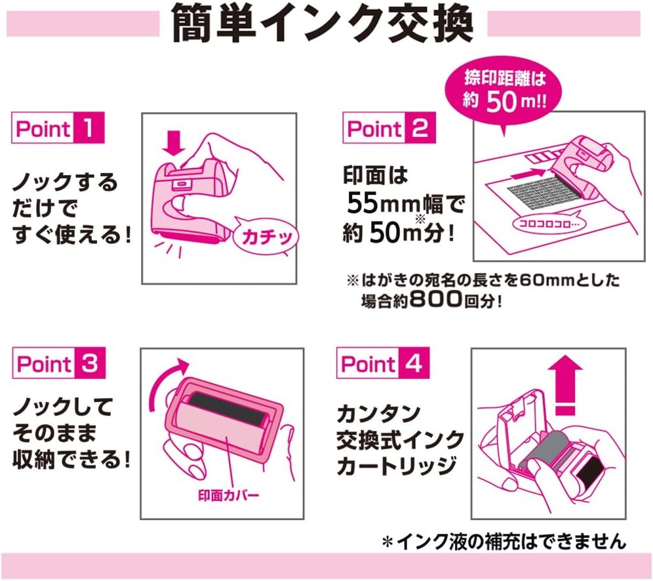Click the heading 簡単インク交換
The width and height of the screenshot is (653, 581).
tap(323, 24)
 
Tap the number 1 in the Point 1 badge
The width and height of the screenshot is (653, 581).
tap(89, 127)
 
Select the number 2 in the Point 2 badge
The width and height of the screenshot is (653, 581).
tap(420, 128)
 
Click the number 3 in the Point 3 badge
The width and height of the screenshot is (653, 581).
tap(90, 363)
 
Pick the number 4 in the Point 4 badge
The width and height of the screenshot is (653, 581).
tap(414, 363)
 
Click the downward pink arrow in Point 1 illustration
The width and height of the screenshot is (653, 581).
tap(174, 143)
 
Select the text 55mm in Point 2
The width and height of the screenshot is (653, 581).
tap(383, 203)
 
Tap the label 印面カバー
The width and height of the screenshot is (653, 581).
tap(229, 496)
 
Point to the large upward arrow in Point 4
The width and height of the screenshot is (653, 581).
tap(564, 385)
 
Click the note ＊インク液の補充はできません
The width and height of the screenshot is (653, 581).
tap(504, 542)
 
